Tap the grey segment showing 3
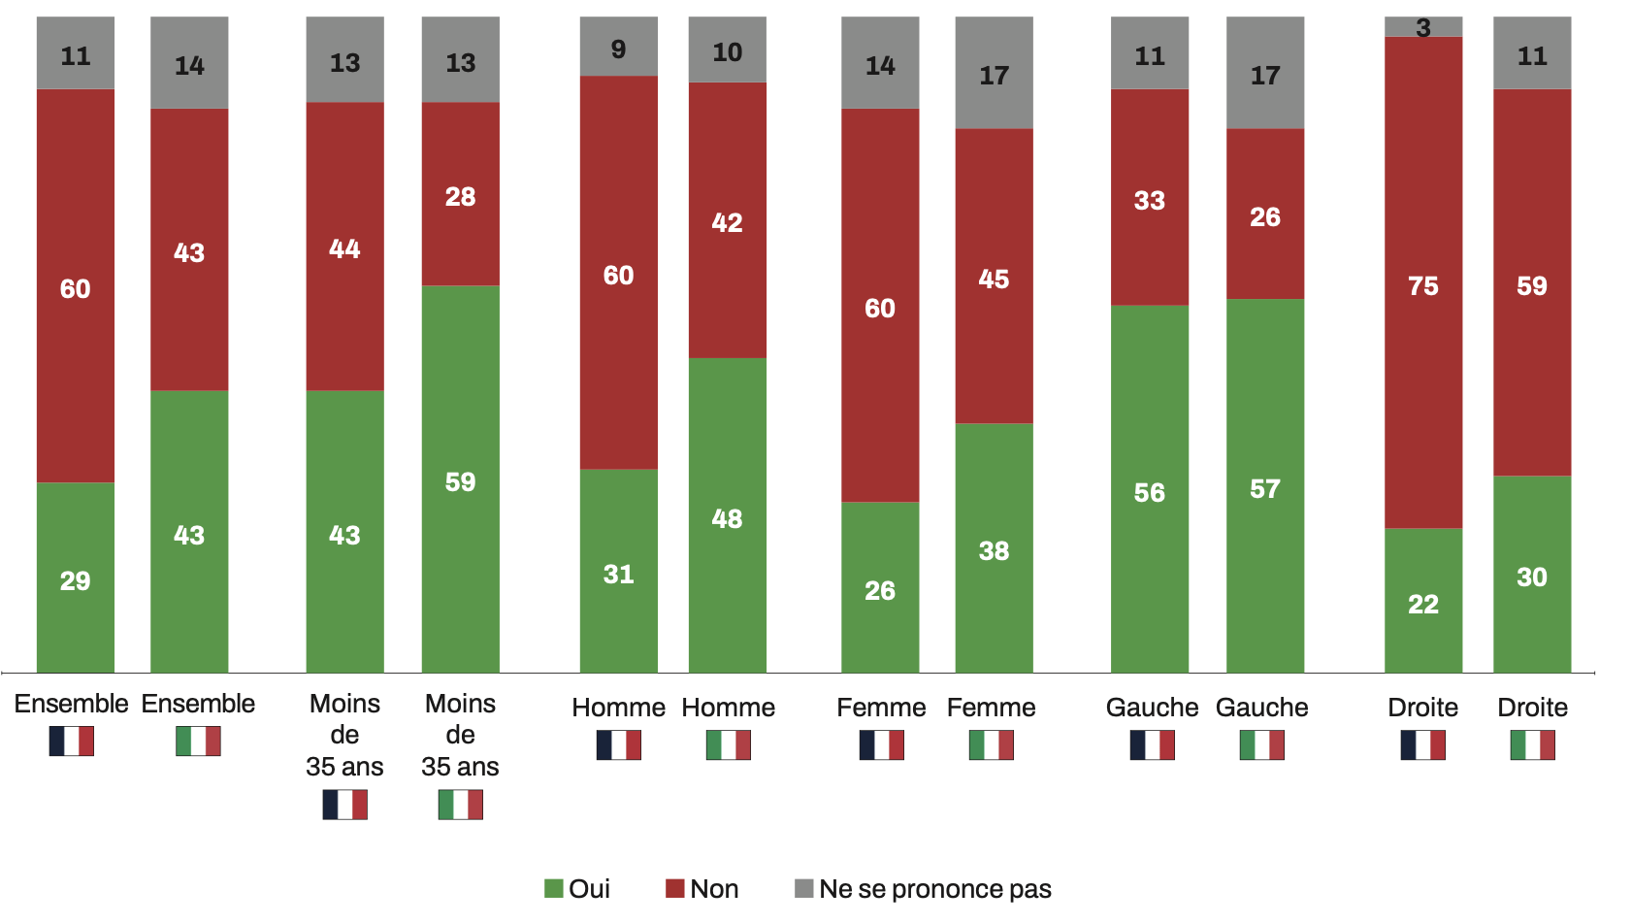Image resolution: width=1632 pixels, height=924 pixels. [1422, 26]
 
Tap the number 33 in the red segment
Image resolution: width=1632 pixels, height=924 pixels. [1149, 201]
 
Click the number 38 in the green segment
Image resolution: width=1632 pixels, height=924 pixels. [994, 551]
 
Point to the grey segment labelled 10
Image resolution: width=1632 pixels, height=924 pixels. [727, 50]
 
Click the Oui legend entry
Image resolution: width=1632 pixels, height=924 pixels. [578, 888]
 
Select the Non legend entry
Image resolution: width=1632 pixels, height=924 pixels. [702, 888]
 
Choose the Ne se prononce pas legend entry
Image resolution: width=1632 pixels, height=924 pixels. [923, 888]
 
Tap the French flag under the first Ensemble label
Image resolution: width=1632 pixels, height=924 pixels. [72, 742]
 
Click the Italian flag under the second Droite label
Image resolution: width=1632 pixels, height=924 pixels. [1532, 745]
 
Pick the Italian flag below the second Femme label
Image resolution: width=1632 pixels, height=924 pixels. [991, 745]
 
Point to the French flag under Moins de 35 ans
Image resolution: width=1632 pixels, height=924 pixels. [344, 805]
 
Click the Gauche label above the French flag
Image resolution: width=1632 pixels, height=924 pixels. [1152, 708]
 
